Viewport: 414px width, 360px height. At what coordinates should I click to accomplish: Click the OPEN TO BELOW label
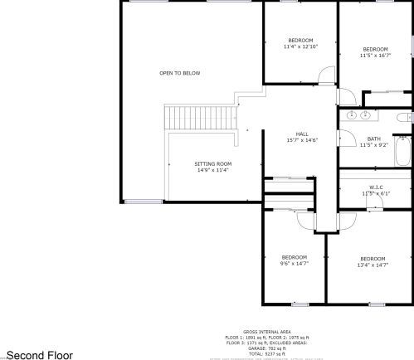(180, 73)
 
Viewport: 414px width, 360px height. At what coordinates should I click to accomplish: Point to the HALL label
(302, 134)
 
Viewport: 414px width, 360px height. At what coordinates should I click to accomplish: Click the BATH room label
(374, 139)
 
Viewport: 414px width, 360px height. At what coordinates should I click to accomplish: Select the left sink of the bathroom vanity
(352, 114)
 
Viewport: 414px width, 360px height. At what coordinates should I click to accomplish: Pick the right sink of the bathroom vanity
(366, 114)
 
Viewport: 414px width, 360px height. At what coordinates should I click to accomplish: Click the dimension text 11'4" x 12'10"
(300, 46)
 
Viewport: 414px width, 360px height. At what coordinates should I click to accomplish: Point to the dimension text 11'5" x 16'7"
(375, 56)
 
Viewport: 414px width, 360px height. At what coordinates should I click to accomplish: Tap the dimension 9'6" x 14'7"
(294, 263)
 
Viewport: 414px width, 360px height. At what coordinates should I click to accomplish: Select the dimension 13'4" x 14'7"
(373, 264)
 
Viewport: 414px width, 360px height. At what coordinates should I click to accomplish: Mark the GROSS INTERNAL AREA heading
(265, 330)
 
